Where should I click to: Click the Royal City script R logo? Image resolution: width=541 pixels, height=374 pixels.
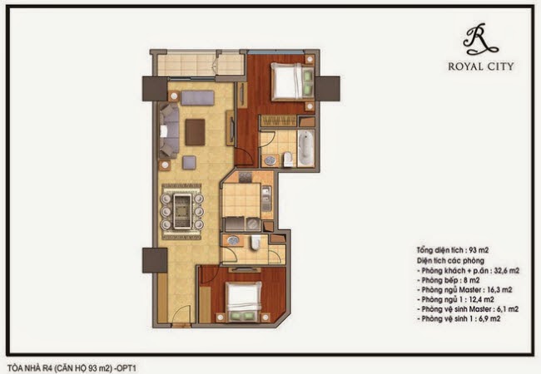coord(480,39)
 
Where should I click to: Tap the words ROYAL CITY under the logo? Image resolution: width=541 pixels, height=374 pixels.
coord(481,66)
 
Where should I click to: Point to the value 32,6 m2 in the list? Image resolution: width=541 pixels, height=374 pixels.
coord(507,270)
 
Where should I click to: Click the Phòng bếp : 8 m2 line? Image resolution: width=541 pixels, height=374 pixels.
coord(450,280)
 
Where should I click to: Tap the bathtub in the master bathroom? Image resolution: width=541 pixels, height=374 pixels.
coord(306,148)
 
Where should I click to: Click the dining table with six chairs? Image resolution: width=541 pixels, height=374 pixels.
coord(182,211)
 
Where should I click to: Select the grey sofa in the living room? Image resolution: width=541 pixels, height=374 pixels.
coord(169,130)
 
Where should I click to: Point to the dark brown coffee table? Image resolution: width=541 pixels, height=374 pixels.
coord(195,132)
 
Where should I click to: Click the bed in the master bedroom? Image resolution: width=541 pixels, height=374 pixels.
coord(293,81)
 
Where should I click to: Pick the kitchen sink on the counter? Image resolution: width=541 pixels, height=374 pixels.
coord(266,199)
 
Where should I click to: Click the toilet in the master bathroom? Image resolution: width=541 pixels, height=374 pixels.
coord(289,160)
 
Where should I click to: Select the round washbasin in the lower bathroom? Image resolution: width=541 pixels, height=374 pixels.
coord(234,240)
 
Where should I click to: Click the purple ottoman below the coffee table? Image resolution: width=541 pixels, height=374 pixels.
coord(189,163)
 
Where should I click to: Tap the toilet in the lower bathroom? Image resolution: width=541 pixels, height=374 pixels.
coord(256,241)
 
